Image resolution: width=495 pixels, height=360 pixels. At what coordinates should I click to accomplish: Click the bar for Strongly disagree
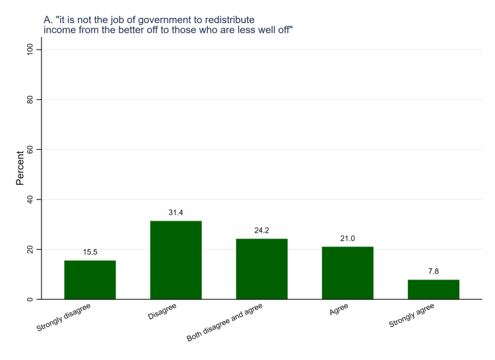[x=90, y=280]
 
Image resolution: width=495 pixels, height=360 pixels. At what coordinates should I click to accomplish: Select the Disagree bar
[x=176, y=260]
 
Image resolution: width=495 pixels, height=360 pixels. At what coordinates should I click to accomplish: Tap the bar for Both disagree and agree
[x=261, y=269]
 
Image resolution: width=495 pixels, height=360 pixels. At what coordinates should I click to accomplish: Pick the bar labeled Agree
[x=347, y=273]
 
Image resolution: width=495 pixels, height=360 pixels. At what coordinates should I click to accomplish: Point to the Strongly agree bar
[x=433, y=289]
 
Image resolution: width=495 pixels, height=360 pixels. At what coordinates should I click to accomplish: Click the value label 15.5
[x=90, y=252]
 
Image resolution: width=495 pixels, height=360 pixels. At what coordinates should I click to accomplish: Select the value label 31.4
[x=176, y=213]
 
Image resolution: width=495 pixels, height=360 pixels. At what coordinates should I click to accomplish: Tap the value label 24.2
[x=261, y=231]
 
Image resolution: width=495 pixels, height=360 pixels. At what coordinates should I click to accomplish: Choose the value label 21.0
[x=347, y=238]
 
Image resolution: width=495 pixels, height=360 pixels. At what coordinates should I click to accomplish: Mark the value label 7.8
[x=433, y=271]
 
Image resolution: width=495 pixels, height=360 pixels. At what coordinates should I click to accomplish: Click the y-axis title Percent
[x=20, y=169]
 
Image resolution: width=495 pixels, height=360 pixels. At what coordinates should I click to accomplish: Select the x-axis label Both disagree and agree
[x=224, y=323]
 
